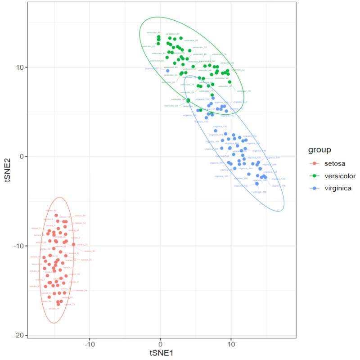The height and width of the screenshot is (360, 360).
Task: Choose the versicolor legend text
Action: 340,176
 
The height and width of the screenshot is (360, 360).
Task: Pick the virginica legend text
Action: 338,188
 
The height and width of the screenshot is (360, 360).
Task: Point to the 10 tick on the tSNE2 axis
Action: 21,67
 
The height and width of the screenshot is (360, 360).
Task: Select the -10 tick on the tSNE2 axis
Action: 19,246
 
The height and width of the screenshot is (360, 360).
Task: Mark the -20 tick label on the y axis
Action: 19,335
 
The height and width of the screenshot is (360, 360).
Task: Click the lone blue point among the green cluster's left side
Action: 167,71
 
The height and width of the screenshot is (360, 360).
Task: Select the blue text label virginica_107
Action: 152,68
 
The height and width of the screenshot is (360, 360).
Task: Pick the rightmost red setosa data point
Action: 73,244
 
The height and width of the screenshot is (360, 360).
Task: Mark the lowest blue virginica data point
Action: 257,184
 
